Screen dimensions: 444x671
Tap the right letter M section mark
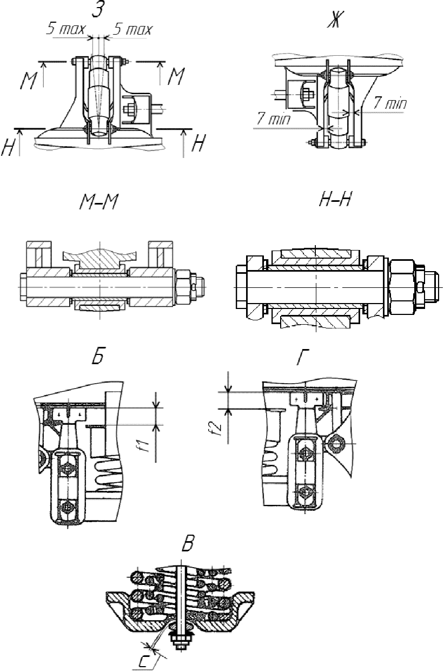[175, 76]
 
